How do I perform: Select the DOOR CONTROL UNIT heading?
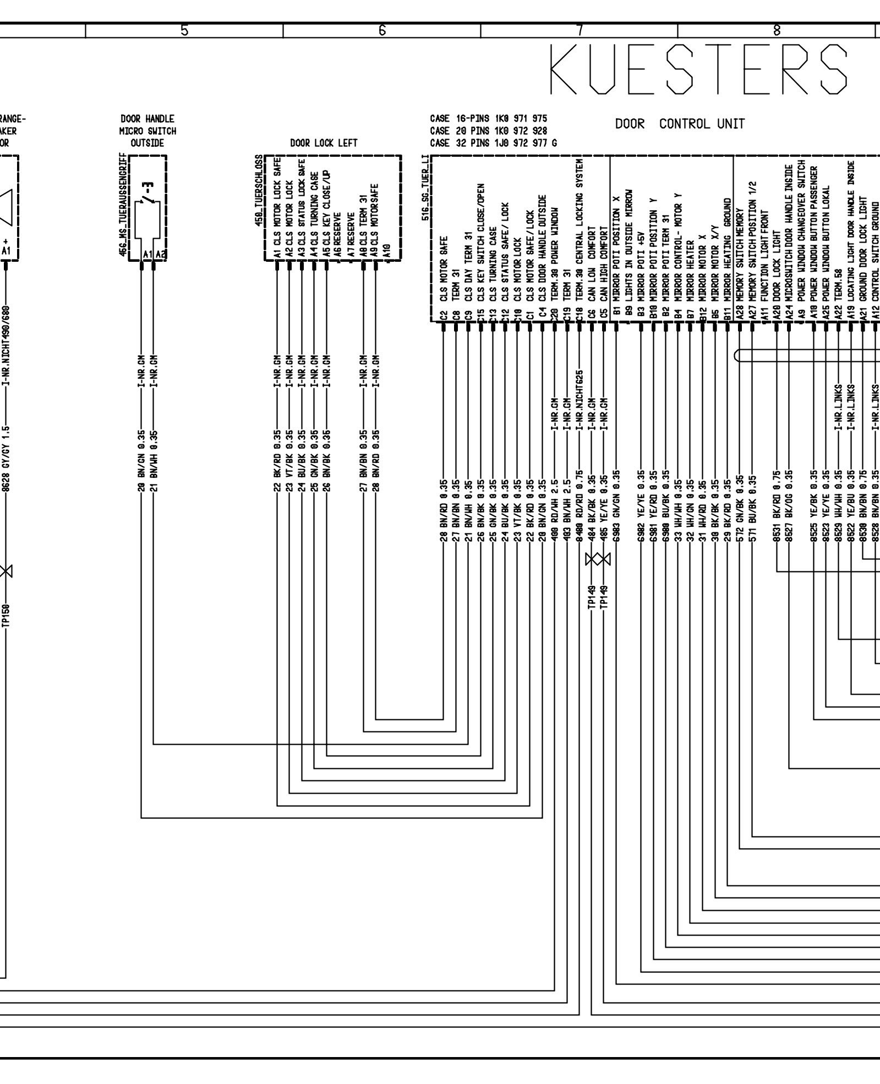[x=680, y=124]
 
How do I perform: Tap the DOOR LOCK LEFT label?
[x=324, y=143]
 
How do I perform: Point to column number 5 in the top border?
[x=184, y=31]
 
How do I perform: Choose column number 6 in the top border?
[x=382, y=31]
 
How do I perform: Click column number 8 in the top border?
[x=777, y=31]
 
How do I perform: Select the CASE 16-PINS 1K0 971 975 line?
[x=488, y=119]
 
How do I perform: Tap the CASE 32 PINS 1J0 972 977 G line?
[x=493, y=143]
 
